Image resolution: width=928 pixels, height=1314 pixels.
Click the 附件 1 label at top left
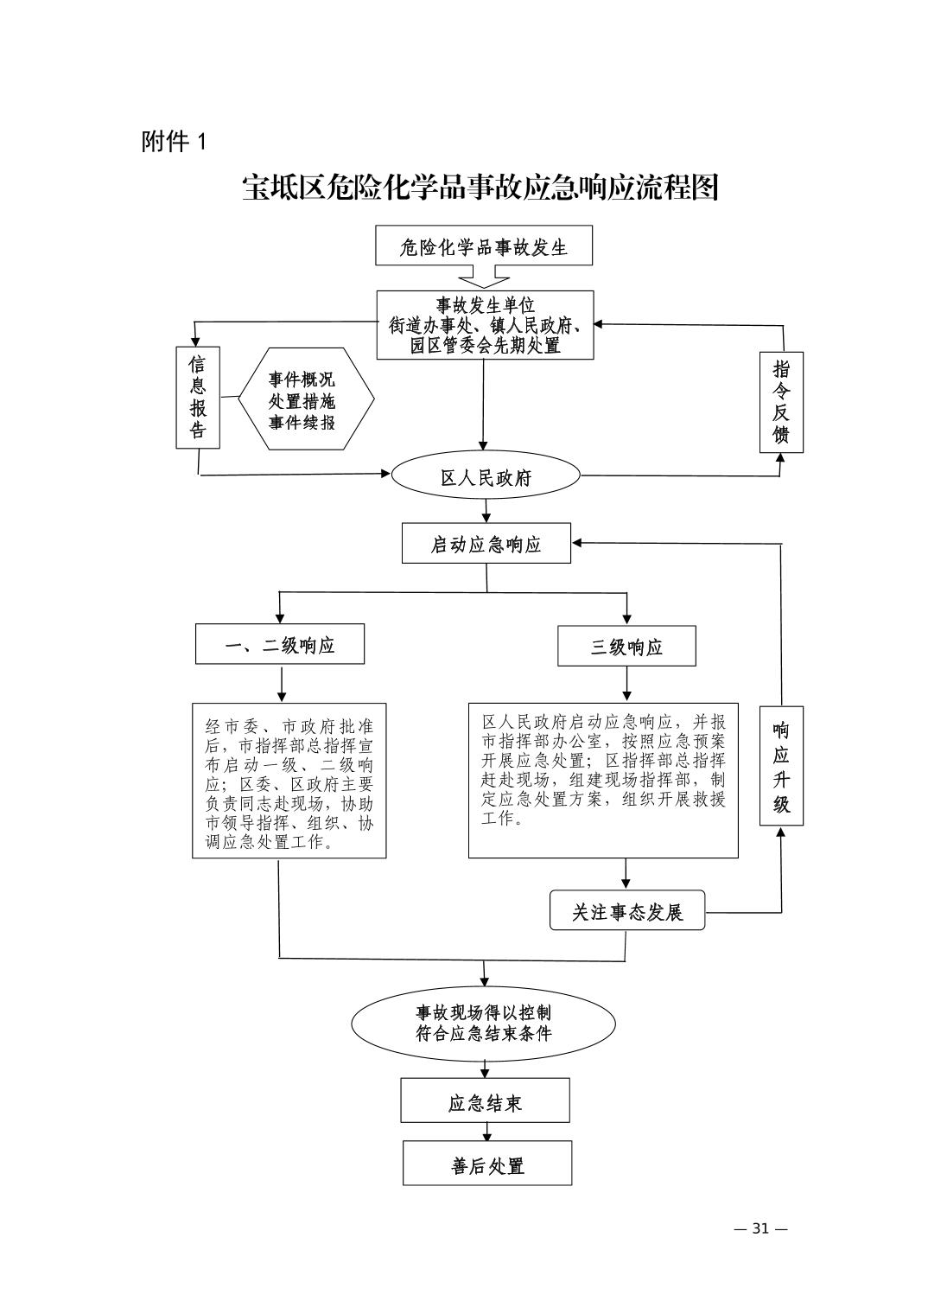pos(175,142)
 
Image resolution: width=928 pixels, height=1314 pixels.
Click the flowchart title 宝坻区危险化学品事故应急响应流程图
pos(480,188)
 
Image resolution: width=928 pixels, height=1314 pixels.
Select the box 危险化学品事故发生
pos(484,247)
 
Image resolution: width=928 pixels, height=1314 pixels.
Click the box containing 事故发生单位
pos(485,325)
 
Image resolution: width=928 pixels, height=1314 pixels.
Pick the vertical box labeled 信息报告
pos(198,398)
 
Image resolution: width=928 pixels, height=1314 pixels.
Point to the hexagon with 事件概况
pos(302,400)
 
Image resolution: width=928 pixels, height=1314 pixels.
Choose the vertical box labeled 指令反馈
pos(781,402)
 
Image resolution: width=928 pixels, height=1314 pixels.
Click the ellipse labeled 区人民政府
pos(486,477)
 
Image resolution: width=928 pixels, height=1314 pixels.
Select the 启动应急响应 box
pos(486,544)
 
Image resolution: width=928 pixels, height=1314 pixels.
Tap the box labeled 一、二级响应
pos(280,645)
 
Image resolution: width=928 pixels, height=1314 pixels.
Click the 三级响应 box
pos(626,647)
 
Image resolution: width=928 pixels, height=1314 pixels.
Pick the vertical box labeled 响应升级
pos(781,766)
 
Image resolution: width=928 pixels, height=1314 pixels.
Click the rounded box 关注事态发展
pos(627,911)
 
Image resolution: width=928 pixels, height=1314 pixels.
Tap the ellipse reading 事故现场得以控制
pos(483,1023)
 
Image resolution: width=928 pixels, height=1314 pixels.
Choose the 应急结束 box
pos(485,1101)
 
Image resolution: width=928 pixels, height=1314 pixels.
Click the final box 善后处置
pos(487,1164)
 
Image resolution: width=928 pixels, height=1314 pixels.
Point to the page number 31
pos(760,1228)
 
